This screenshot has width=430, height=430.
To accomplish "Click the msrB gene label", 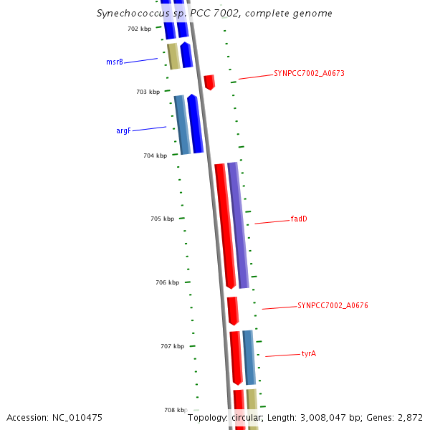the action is point(115,62).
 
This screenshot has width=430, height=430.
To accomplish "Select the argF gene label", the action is point(123,131).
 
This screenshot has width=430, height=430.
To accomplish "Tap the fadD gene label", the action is point(299,219).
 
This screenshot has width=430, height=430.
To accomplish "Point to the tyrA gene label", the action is point(309,354).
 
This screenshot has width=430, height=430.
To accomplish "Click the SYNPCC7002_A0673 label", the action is point(310,74).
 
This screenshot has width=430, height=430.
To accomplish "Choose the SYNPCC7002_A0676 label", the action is point(333,306).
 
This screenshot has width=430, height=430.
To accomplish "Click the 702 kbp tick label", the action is point(139,29).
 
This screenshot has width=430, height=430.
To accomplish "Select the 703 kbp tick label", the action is point(148,92).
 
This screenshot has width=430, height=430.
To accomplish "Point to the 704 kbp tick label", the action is point(155,156).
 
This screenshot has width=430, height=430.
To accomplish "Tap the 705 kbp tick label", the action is point(162,219).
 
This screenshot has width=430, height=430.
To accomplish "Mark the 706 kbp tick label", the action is point(167,283).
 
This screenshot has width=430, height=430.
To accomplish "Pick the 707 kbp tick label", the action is point(172,347).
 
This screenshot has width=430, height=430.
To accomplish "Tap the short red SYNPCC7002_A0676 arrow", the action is point(232,310).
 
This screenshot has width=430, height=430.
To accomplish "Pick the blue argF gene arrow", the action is point(195,123).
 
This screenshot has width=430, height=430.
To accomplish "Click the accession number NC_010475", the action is point(54,417).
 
